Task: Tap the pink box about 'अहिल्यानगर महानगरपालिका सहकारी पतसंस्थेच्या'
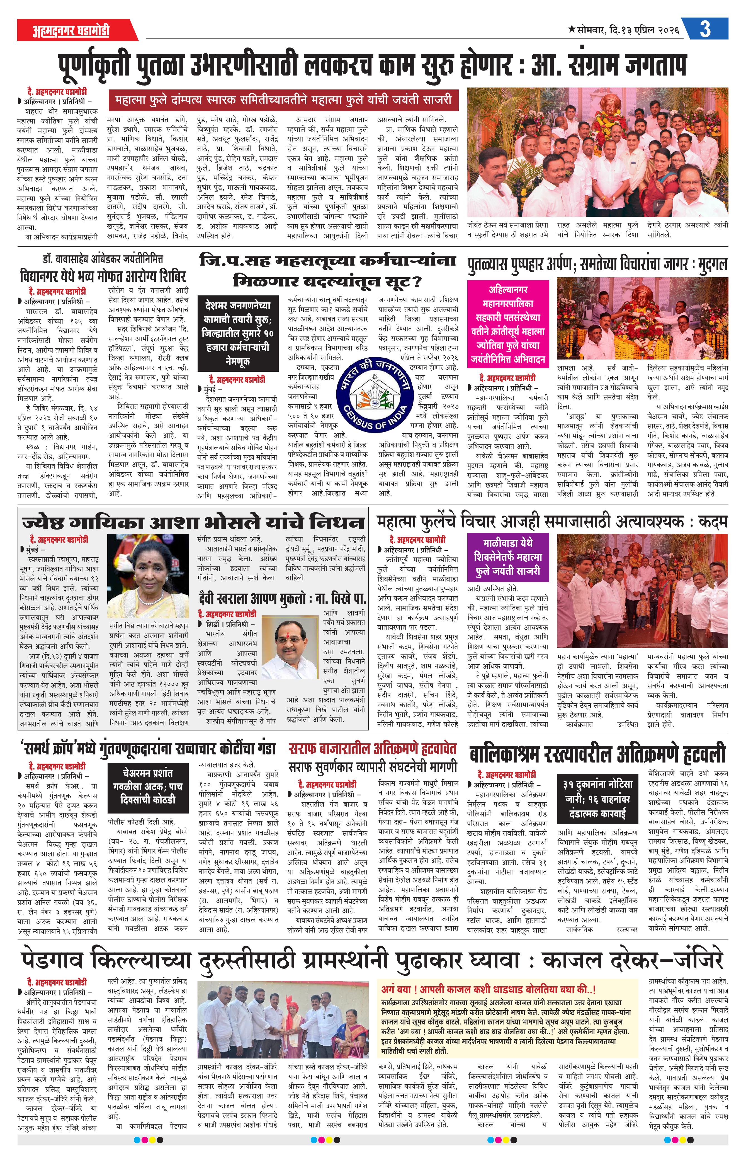tap(508, 324)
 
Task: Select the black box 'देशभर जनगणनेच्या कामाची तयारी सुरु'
tap(238, 333)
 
